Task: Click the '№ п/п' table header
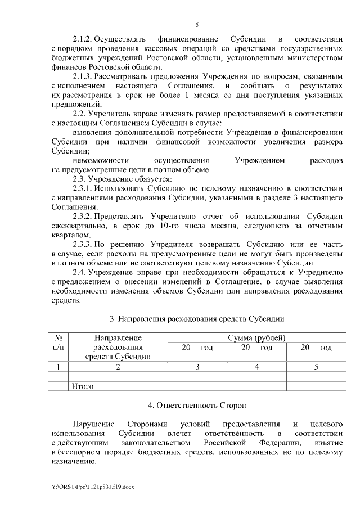58,343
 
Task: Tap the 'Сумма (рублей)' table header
256,338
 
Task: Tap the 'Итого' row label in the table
82,386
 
